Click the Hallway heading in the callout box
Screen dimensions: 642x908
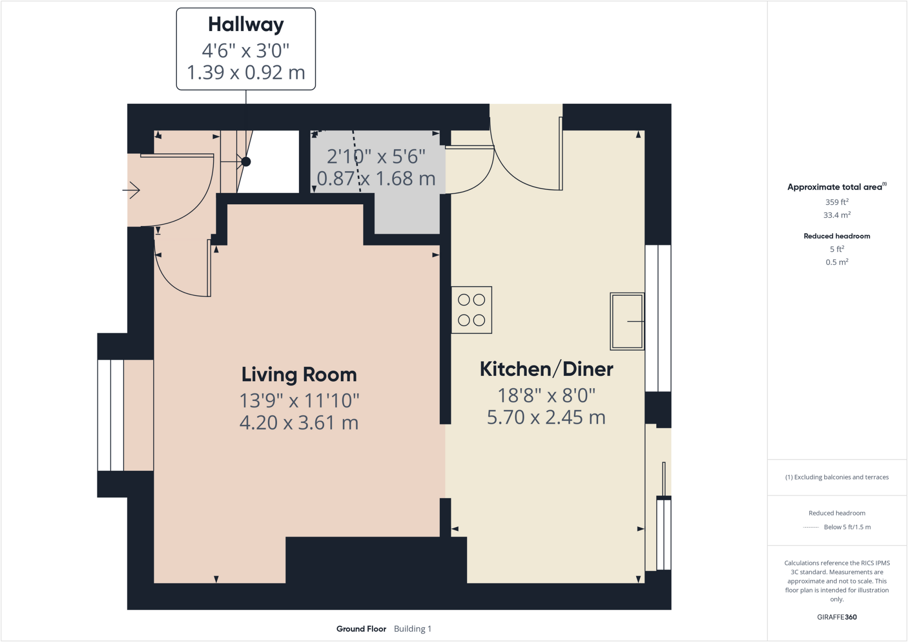click(246, 25)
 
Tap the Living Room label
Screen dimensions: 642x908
click(299, 375)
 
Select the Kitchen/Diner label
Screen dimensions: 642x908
click(546, 369)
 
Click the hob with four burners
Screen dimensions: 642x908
click(471, 310)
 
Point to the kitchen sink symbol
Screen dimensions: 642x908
click(627, 321)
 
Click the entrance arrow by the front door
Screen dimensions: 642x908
click(132, 190)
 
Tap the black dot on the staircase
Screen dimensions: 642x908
click(246, 162)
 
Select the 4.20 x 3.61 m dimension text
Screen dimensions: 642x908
click(299, 423)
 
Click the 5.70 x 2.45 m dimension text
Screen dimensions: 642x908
click(546, 417)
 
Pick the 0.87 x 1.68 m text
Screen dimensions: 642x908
click(376, 179)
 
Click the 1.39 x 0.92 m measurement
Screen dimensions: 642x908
click(246, 73)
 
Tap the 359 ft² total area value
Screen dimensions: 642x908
click(837, 202)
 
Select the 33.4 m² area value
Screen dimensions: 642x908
click(837, 215)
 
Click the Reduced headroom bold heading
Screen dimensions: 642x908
click(837, 236)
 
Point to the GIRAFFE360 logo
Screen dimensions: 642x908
click(837, 617)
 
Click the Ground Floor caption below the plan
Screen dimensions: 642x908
click(361, 629)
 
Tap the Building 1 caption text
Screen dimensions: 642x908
click(412, 629)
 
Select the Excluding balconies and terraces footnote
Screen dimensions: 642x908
click(837, 477)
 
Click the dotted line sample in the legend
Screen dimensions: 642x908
click(811, 527)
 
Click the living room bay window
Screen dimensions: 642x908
click(111, 415)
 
